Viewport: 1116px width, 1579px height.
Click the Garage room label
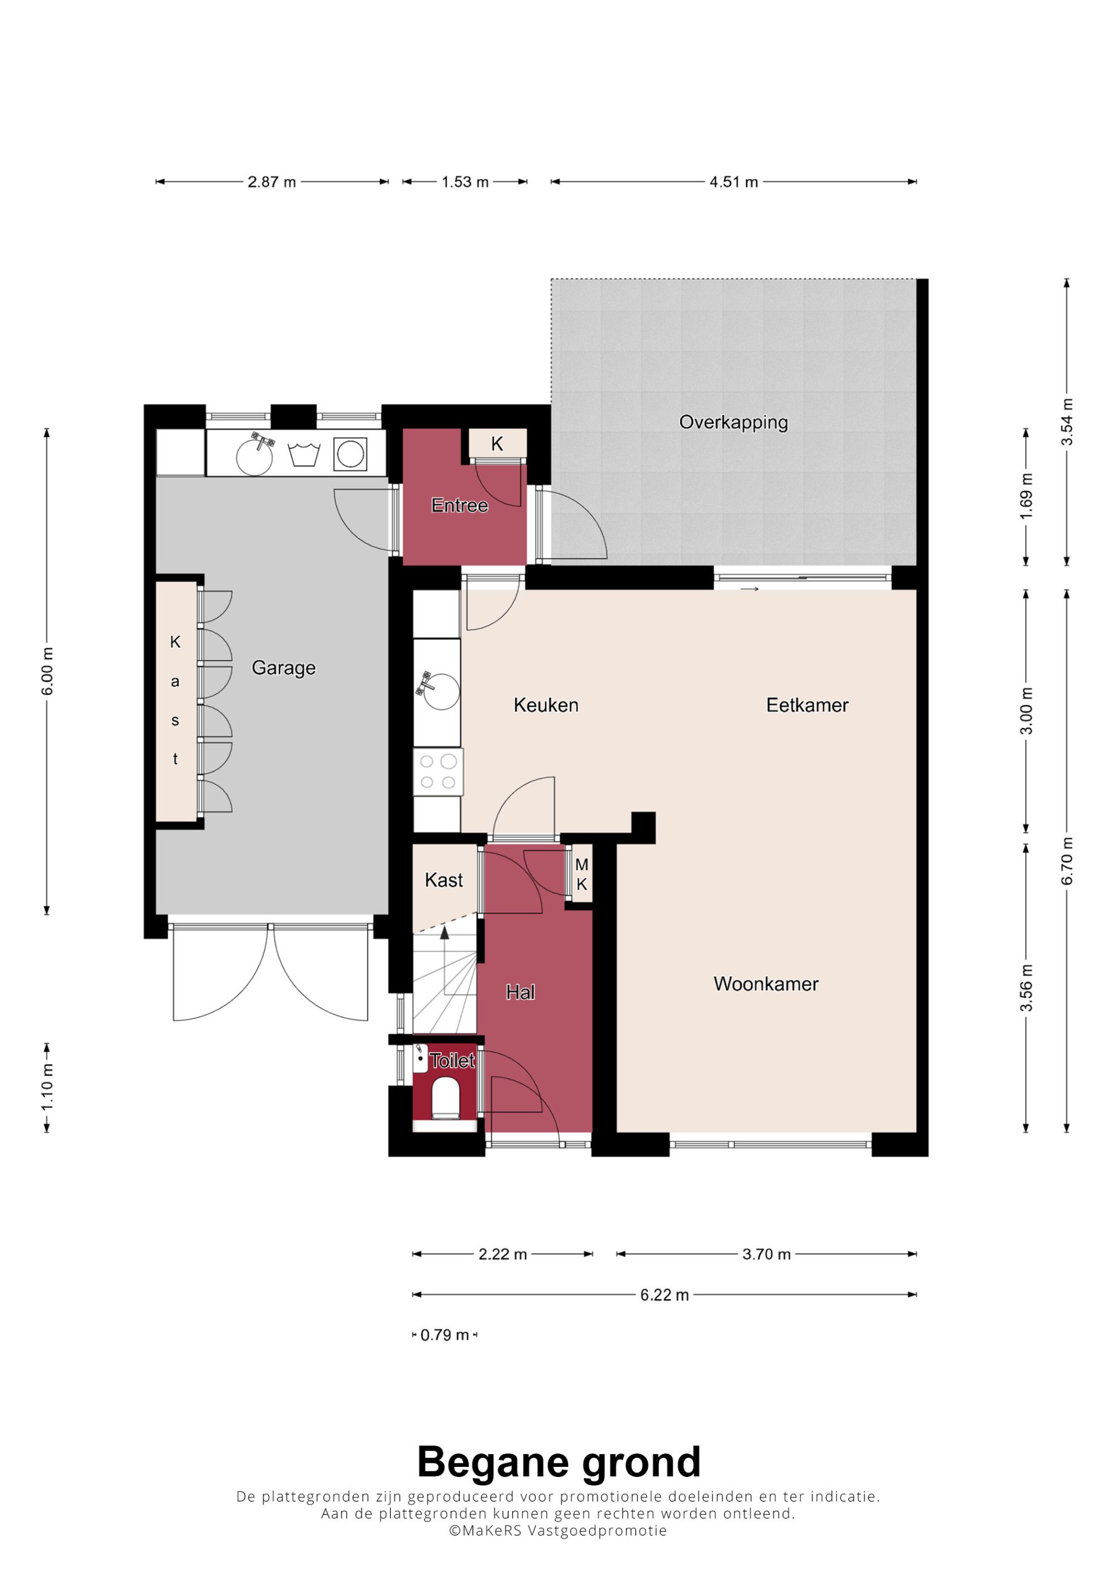283,668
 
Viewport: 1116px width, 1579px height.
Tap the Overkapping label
733,422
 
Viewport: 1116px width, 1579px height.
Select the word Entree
459,506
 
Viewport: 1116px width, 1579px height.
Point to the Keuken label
546,705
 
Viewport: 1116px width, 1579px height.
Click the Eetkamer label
807,705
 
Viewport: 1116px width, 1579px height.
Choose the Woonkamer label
766,984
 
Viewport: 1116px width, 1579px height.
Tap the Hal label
520,993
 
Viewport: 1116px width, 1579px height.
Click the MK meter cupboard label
582,875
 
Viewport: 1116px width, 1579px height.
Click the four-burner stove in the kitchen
438,772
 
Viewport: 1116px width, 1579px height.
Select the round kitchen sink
441,691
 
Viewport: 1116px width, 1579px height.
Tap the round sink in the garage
254,455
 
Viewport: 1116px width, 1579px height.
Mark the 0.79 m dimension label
444,1335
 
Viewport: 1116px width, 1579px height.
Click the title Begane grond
559,1462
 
